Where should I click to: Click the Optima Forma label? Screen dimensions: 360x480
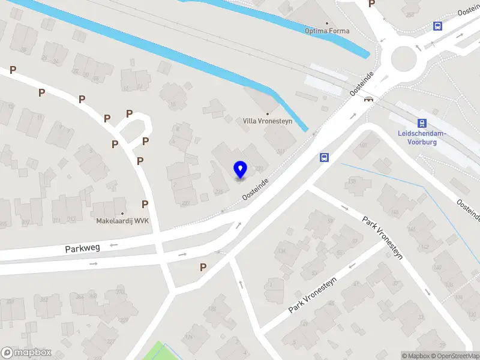(x=327, y=31)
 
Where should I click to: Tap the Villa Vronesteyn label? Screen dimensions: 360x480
(x=268, y=121)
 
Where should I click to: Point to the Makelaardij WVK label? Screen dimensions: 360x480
(x=122, y=221)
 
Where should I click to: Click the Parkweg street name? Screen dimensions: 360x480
(x=83, y=247)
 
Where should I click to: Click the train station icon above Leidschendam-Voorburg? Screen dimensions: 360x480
(x=422, y=123)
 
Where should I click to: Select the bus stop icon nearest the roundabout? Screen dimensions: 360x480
(x=437, y=26)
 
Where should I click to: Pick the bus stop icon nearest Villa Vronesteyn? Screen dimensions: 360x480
(x=324, y=157)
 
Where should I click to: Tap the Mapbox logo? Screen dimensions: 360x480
(x=26, y=353)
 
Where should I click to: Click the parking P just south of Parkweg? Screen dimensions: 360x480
(x=203, y=267)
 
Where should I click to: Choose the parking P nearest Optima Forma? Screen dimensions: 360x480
(x=371, y=4)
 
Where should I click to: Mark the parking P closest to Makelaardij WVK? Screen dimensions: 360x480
(x=145, y=204)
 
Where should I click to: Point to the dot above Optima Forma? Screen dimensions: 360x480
(x=327, y=23)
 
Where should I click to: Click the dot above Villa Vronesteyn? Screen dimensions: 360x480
(x=268, y=113)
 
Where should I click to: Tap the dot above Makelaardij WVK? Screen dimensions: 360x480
(x=122, y=213)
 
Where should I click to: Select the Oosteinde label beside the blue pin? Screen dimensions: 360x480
(x=254, y=188)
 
